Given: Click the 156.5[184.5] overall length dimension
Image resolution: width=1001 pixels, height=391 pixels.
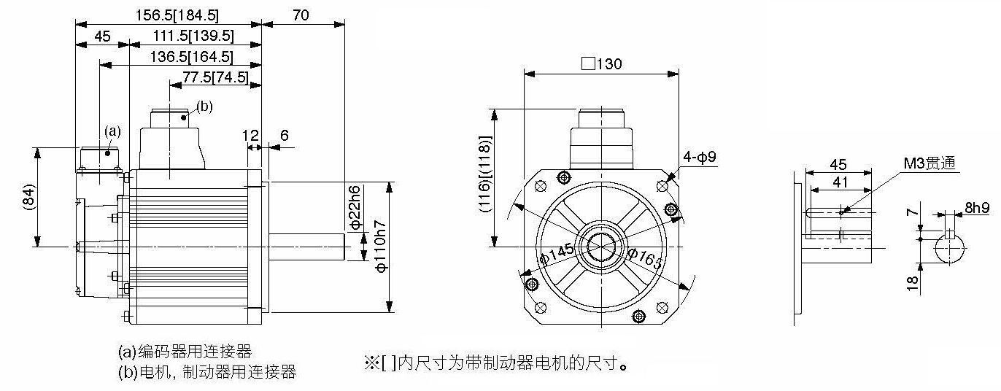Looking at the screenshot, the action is coord(177,15).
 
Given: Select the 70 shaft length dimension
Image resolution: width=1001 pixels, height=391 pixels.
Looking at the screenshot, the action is coord(301,15).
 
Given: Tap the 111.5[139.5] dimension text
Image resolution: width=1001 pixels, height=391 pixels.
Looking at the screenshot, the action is coord(193,36).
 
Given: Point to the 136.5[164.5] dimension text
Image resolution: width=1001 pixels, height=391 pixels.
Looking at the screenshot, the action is coord(191,57).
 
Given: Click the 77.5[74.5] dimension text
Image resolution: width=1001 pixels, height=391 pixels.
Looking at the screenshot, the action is coord(215,77).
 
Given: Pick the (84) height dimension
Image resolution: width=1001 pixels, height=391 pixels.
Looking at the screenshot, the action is coord(28,197).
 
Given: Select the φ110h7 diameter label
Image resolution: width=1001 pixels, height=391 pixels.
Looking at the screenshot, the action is coord(381,246).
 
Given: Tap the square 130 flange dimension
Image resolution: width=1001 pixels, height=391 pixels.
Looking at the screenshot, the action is coord(601,64).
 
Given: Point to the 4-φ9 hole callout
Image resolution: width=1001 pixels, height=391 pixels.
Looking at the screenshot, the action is coord(700,157).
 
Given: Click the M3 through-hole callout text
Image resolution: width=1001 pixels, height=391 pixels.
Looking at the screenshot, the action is coord(929,163).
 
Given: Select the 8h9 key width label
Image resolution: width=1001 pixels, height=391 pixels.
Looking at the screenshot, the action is coord(977,207).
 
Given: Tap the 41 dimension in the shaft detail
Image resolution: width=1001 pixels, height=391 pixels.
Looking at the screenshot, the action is coord(840,182).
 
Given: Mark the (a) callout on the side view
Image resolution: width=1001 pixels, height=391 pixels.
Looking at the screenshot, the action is coord(112,131).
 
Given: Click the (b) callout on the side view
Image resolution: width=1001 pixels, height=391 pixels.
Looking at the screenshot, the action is coord(204,107).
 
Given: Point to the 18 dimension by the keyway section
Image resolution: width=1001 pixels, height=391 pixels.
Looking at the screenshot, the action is coord(913,283).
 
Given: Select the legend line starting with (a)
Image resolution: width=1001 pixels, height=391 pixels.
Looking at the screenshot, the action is coord(185,352).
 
